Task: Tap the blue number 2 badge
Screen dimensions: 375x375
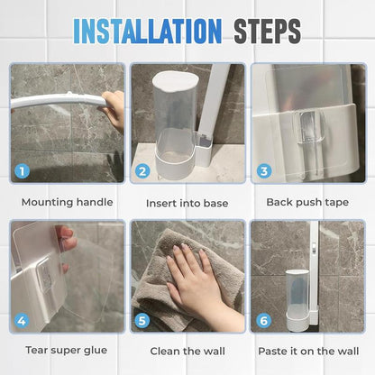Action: (142, 169)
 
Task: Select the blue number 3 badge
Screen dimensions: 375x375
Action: (262, 169)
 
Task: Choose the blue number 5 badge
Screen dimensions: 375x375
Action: (142, 319)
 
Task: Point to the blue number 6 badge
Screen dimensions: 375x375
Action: (262, 319)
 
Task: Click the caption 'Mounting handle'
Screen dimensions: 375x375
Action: (67, 203)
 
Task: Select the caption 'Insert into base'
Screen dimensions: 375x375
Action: (187, 203)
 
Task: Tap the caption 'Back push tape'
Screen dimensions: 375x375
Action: (307, 203)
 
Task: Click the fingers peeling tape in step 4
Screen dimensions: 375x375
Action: (65, 242)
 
